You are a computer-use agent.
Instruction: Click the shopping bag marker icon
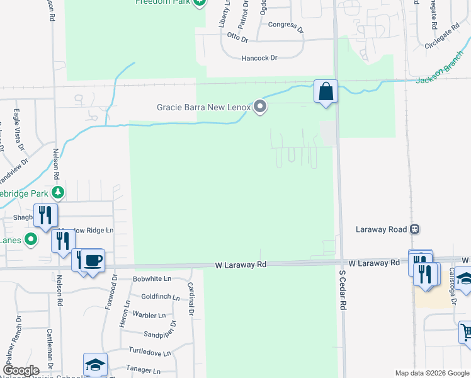[326, 91]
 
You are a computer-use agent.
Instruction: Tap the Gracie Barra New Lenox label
[203, 107]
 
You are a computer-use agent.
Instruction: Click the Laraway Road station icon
[414, 229]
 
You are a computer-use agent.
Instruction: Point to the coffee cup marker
[93, 260]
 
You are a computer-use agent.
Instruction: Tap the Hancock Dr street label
[259, 58]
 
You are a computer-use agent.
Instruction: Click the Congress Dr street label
[285, 26]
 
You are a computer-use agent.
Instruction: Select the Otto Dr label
[238, 38]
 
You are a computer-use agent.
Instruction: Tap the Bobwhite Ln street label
[152, 278]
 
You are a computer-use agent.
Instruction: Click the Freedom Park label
[163, 2]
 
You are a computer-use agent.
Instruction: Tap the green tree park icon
[58, 192]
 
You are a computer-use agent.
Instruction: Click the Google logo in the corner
[20, 370]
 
